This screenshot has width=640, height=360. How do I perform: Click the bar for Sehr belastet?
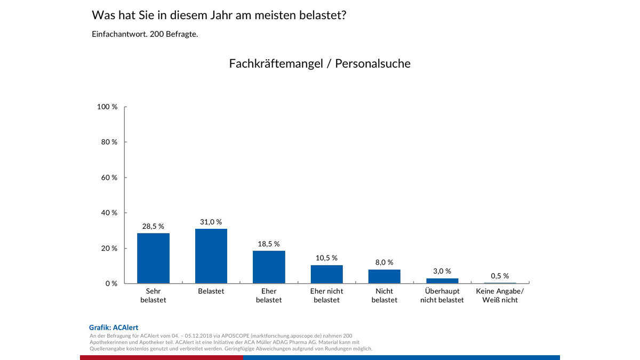(x=153, y=258)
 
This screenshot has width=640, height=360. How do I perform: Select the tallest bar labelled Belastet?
(x=211, y=256)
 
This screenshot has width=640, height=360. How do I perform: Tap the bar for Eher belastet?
(x=269, y=267)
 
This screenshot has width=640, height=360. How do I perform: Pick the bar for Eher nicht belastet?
(x=326, y=274)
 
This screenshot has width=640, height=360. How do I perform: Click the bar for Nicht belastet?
(x=384, y=276)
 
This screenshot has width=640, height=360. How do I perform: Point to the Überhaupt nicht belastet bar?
(x=442, y=281)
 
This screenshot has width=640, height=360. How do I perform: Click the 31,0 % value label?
(x=211, y=222)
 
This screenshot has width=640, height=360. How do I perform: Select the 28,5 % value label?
(x=153, y=226)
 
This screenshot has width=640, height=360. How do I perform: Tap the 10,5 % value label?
(x=326, y=258)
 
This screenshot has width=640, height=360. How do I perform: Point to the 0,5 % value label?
(x=500, y=276)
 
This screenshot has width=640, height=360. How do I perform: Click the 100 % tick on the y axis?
(x=107, y=107)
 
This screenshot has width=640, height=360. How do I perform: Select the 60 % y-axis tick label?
(x=109, y=178)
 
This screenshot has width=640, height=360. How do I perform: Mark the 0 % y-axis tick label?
(x=111, y=283)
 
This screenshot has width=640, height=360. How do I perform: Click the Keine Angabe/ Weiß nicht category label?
(x=500, y=295)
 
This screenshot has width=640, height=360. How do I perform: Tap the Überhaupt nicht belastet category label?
(x=442, y=295)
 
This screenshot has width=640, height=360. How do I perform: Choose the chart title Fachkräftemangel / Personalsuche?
(x=319, y=63)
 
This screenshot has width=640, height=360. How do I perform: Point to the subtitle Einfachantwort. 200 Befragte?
(x=145, y=34)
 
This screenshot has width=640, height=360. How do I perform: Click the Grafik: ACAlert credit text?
(x=113, y=327)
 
